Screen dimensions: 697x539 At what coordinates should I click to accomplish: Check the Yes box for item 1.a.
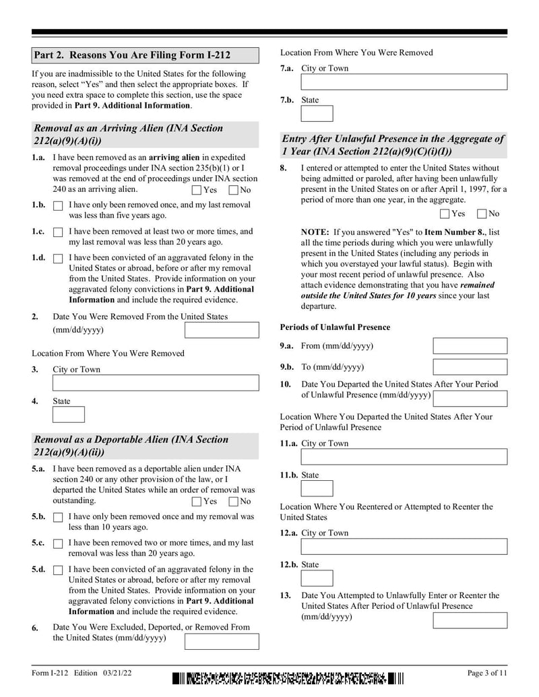coord(197,190)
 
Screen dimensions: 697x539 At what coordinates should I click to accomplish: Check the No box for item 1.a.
coord(234,190)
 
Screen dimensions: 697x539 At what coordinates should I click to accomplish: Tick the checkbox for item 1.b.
coord(58,205)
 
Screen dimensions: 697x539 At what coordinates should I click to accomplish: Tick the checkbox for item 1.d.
coord(58,259)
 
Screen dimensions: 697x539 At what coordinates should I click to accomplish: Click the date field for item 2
coord(222,330)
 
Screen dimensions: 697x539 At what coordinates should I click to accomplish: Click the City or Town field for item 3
coord(155,383)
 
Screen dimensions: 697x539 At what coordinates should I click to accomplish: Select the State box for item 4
coord(68,414)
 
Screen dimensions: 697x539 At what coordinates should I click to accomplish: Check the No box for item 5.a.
coord(234,501)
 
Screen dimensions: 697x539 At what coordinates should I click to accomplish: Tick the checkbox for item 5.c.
coord(58,543)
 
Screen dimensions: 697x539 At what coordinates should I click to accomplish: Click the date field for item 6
coord(222,641)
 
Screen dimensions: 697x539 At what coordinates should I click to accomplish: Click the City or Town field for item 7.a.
coord(404,82)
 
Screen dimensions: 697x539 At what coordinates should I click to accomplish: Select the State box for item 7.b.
coord(317,113)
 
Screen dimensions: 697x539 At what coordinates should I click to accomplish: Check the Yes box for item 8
coord(445,214)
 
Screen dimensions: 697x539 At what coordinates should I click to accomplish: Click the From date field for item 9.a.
coord(470,346)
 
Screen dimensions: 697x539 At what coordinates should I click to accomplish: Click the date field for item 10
coord(470,398)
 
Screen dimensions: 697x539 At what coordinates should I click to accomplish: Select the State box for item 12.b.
coord(317,578)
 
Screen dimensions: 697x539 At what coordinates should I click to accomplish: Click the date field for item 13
coord(470,620)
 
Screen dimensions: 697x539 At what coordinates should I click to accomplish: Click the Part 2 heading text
coord(145,55)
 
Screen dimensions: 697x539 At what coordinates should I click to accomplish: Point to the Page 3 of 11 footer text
coord(486,673)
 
